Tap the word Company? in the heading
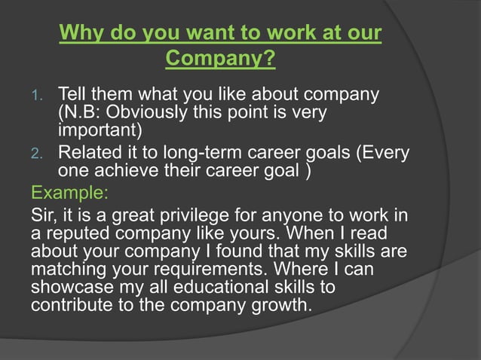(219, 57)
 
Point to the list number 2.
(41, 155)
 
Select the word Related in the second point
(89, 154)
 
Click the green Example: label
(60, 188)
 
